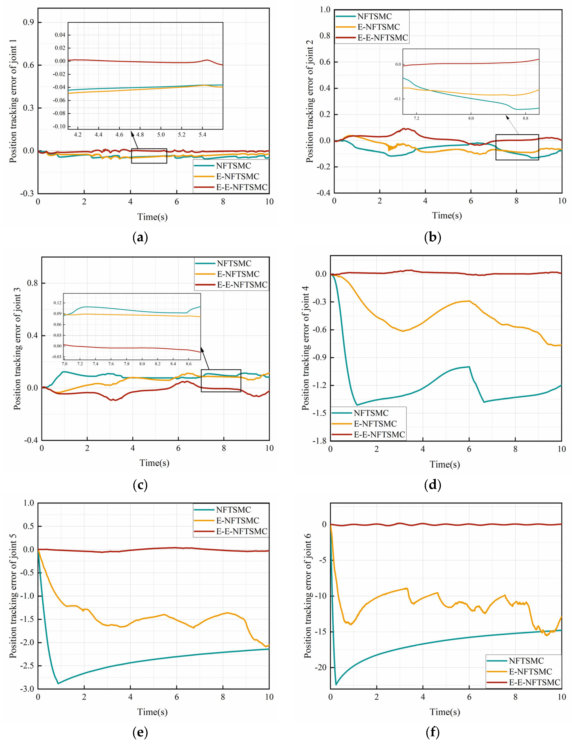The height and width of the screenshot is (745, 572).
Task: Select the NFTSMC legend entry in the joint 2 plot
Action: tap(374, 16)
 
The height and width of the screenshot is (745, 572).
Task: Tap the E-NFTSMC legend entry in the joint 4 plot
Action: tap(375, 424)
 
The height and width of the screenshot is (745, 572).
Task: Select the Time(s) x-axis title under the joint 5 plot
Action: tap(152, 712)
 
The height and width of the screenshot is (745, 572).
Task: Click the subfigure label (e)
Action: tap(140, 732)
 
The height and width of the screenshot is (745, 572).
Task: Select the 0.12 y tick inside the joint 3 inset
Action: tap(57, 303)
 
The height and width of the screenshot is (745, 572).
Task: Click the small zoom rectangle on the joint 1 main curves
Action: tap(149, 156)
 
